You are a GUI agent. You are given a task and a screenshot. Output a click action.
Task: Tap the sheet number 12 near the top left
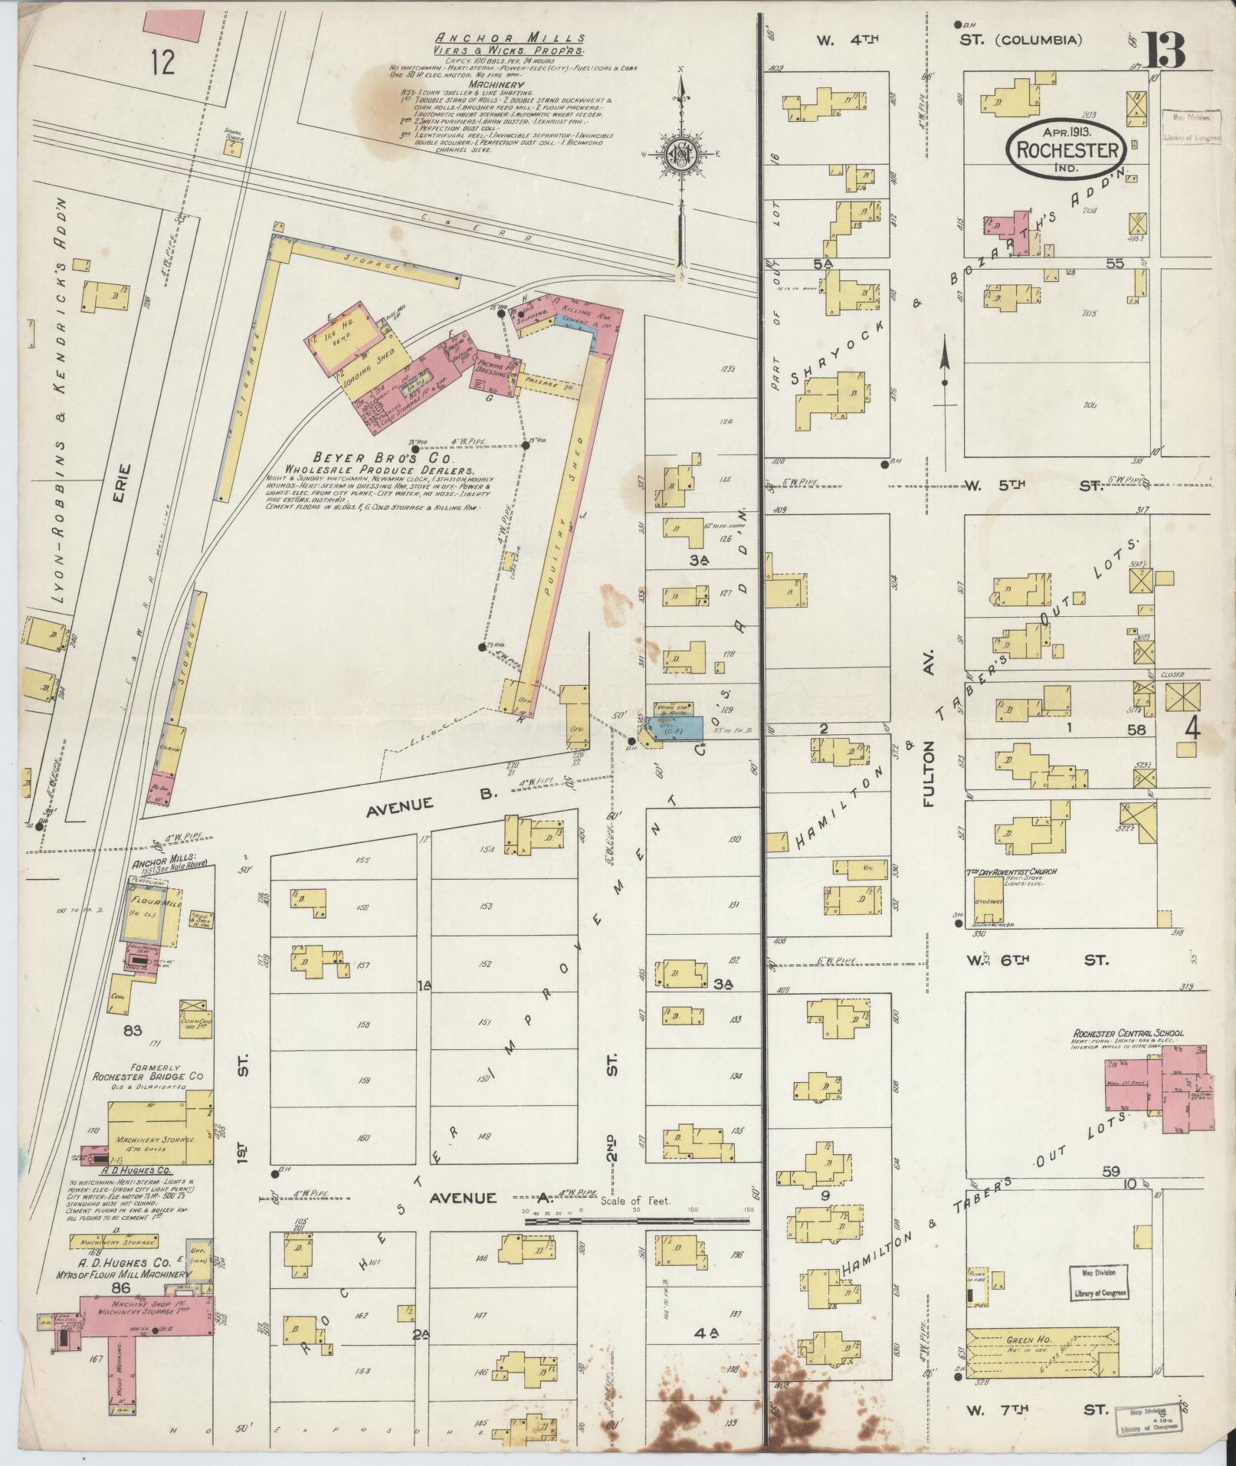tap(162, 62)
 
